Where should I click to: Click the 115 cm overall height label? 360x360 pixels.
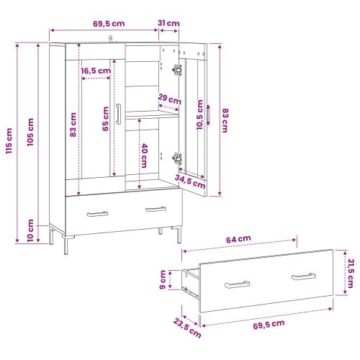9,141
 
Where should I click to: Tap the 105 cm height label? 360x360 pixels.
30,132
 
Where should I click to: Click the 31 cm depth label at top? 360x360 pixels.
168,23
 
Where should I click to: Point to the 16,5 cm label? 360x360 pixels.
96,71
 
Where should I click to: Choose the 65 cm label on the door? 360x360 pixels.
105,119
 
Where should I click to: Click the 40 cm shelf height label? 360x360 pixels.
144,156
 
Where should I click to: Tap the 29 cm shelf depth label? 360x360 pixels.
169,99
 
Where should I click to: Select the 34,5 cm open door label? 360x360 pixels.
190,181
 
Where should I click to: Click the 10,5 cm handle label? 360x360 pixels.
199,115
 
